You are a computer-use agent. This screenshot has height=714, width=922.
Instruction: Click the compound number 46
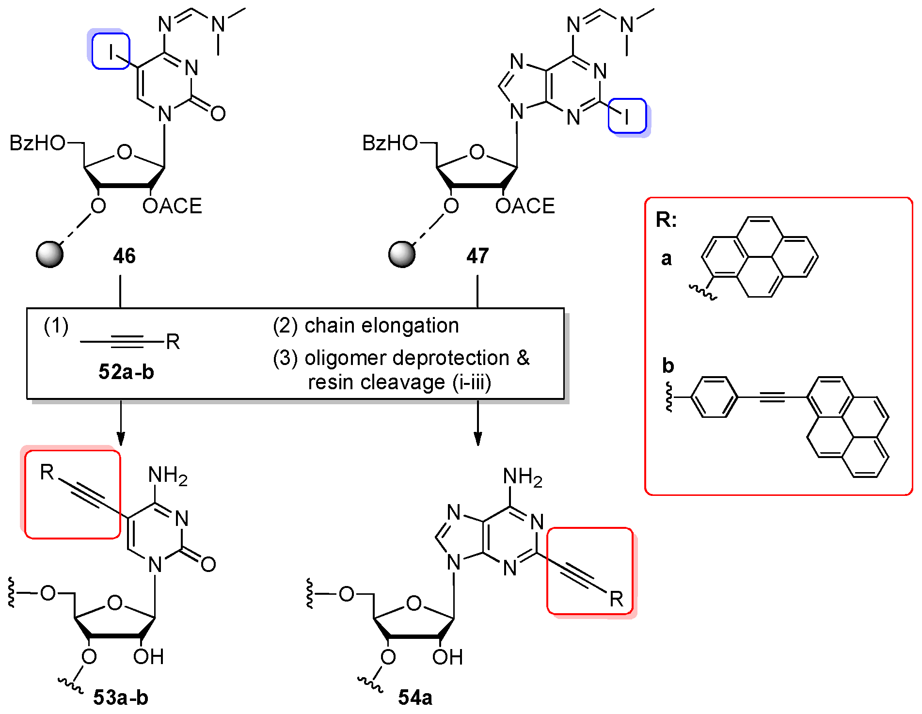point(124,256)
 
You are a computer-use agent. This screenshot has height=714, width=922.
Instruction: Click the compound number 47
point(477,256)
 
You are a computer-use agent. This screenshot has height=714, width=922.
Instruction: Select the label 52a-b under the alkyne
point(126,372)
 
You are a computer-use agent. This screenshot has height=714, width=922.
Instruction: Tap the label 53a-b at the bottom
point(121,698)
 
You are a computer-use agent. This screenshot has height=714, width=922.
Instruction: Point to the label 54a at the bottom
point(415,698)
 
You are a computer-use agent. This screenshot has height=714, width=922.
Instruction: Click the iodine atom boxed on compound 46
point(111,51)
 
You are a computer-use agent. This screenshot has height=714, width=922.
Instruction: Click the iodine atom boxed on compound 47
point(627,116)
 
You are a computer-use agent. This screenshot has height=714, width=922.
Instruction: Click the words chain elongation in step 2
point(382,326)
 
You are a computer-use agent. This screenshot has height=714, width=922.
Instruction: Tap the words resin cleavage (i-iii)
point(399,382)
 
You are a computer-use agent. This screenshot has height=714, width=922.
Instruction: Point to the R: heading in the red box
point(666,220)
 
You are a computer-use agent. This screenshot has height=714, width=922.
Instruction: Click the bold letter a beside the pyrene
point(667,259)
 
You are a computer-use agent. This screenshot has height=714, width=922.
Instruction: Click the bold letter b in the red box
point(668,365)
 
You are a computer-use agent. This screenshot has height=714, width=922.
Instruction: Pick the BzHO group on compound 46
point(37,143)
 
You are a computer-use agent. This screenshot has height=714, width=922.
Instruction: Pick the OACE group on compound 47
point(525,206)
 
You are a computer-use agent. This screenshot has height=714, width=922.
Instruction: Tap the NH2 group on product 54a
point(523,477)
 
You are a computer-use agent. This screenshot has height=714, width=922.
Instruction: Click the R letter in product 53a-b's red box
point(47,472)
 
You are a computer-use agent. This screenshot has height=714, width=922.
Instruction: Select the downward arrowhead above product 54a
point(478,439)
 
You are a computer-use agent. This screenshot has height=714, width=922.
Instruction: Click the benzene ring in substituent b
point(714,397)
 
